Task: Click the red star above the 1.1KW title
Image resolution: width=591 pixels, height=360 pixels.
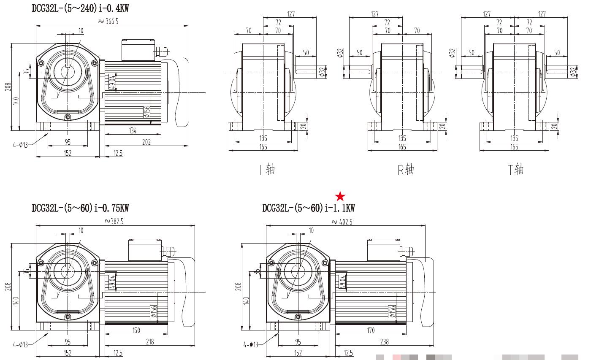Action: click(340, 196)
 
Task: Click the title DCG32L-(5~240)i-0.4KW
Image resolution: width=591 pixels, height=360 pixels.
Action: click(80, 8)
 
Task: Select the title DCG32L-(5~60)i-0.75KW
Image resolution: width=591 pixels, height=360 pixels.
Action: click(80, 208)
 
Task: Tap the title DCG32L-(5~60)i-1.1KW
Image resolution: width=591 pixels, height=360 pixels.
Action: click(309, 208)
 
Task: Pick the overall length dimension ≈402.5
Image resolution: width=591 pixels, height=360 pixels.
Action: click(342, 221)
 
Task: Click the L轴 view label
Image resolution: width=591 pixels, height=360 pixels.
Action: click(267, 170)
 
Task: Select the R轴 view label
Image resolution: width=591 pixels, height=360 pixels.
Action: click(406, 170)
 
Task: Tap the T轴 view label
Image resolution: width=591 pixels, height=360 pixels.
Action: click(516, 170)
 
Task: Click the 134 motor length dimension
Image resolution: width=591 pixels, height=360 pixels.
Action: click(133, 131)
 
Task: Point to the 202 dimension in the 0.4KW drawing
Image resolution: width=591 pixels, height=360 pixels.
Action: click(146, 142)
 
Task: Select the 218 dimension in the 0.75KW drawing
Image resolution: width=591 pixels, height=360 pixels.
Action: click(150, 342)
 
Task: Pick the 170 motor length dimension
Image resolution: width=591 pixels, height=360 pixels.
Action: click(371, 330)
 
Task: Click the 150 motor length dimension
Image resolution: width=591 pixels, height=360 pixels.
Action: click(136, 330)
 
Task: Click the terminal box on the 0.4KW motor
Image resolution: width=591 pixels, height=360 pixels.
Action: click(138, 50)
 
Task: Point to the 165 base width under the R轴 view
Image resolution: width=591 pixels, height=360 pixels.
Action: click(402, 147)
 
